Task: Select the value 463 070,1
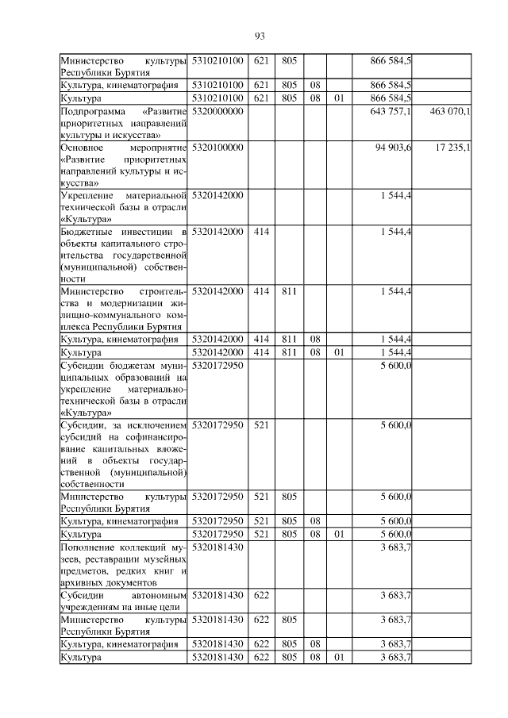449,112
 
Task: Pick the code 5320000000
217,112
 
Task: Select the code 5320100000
217,148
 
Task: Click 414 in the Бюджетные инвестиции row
261,232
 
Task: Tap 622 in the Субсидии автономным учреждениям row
261,595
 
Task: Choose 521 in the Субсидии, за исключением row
261,426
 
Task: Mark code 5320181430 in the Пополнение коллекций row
217,547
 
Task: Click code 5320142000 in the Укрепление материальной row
217,195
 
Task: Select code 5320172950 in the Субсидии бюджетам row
217,366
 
